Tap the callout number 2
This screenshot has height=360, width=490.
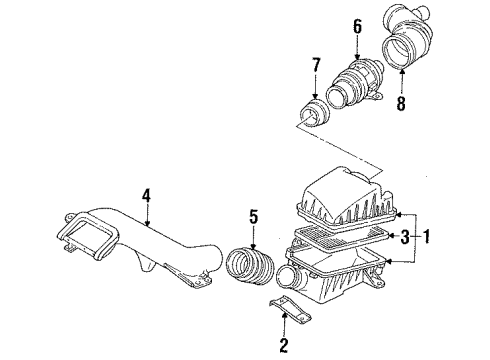(284, 347)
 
